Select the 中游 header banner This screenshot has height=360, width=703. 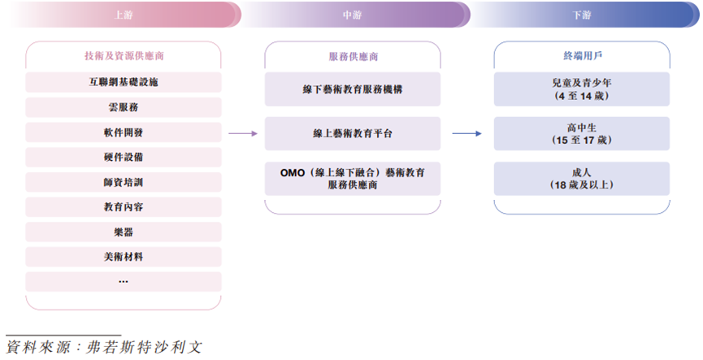pyautogui.click(x=353, y=15)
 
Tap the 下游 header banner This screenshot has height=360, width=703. pyautogui.click(x=582, y=15)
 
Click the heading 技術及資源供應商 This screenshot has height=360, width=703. pyautogui.click(x=124, y=56)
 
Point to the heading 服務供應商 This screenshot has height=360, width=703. pyautogui.click(x=353, y=57)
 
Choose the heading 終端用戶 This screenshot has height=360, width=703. pyautogui.click(x=582, y=56)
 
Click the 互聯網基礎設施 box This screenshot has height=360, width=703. pyautogui.click(x=124, y=82)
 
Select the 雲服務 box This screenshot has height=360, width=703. pyautogui.click(x=124, y=107)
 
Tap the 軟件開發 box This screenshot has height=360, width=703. pyautogui.click(x=124, y=132)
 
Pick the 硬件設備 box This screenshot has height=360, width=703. pyautogui.click(x=124, y=157)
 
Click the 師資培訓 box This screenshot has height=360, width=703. pyautogui.click(x=124, y=182)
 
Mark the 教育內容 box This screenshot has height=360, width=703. pyautogui.click(x=124, y=207)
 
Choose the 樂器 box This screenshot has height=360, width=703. pyautogui.click(x=124, y=232)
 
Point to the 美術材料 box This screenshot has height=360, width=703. pyautogui.click(x=124, y=257)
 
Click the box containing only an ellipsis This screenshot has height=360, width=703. pyautogui.click(x=124, y=281)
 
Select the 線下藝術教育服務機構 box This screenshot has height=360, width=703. pyautogui.click(x=353, y=89)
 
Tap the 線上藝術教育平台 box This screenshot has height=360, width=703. pyautogui.click(x=353, y=133)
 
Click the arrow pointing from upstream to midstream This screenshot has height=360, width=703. pyautogui.click(x=242, y=133)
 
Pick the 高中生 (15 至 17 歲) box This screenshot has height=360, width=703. pyautogui.click(x=582, y=133)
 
